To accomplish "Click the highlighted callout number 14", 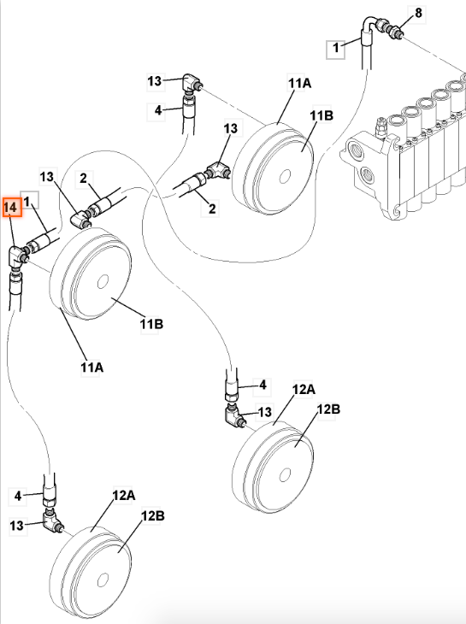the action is pyautogui.click(x=10, y=208).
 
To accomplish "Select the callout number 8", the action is pyautogui.click(x=418, y=13).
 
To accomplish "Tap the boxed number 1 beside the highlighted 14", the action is pyautogui.click(x=27, y=202).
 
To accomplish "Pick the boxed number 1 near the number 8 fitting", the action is pyautogui.click(x=336, y=48).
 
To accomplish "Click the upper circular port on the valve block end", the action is pyautogui.click(x=357, y=149).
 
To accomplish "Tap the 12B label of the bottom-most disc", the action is pyautogui.click(x=153, y=516).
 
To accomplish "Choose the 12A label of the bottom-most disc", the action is pyautogui.click(x=124, y=496).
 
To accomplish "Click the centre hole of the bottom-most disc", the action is pyautogui.click(x=103, y=580).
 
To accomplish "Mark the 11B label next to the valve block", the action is pyautogui.click(x=321, y=115).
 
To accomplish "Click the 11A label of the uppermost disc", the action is pyautogui.click(x=299, y=84).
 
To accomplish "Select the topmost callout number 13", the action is pyautogui.click(x=155, y=81).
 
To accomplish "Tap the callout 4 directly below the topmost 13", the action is pyautogui.click(x=158, y=110).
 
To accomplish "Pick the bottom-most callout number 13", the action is pyautogui.click(x=16, y=526).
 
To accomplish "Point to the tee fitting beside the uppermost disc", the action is pyautogui.click(x=218, y=170).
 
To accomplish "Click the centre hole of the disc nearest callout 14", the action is pyautogui.click(x=103, y=282).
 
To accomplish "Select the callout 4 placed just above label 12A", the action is pyautogui.click(x=262, y=386).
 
